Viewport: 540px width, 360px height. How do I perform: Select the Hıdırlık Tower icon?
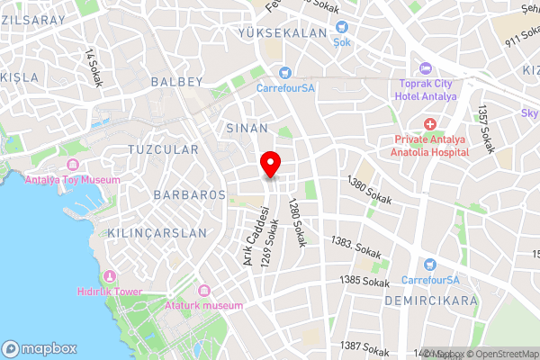pyautogui.click(x=111, y=275)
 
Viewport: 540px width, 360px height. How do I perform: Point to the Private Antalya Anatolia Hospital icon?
pyautogui.click(x=430, y=123)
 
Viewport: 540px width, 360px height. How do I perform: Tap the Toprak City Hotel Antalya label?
pyautogui.click(x=427, y=90)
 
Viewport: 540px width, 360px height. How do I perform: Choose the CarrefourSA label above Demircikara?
pyautogui.click(x=429, y=279)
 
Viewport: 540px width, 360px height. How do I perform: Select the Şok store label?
pyautogui.click(x=341, y=41)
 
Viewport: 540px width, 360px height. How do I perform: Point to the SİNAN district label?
pyautogui.click(x=247, y=128)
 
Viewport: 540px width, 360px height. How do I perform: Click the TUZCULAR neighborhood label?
pyautogui.click(x=162, y=148)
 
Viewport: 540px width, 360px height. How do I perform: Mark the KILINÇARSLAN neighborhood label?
pyautogui.click(x=157, y=232)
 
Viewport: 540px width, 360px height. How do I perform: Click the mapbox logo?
pyautogui.click(x=40, y=347)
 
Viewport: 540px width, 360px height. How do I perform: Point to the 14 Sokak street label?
pyautogui.click(x=92, y=67)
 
